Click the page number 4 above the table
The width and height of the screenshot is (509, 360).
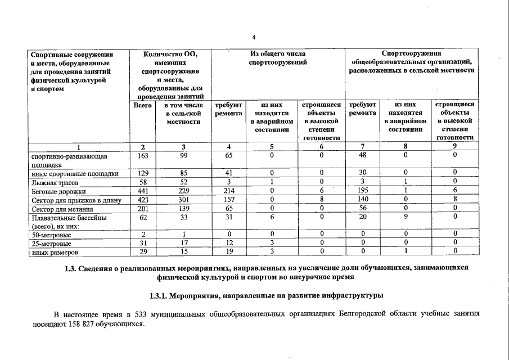coord(254,38)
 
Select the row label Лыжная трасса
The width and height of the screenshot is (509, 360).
coord(55,183)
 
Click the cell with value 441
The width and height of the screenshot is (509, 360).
coord(143,192)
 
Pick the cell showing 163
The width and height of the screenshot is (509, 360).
coord(143,156)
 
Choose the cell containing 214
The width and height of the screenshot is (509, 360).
coord(228,192)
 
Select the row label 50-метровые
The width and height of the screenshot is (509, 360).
coord(51,235)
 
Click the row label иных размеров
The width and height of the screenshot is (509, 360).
coord(55,253)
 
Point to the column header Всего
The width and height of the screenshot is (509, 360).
coord(143,105)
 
